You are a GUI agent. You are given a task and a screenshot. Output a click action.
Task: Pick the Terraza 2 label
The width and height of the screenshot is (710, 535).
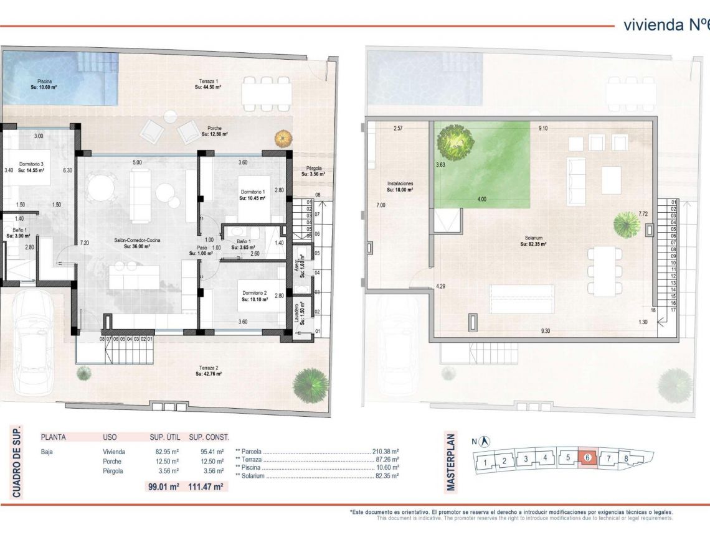208,370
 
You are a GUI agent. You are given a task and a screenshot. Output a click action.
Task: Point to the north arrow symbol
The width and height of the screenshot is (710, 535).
485,442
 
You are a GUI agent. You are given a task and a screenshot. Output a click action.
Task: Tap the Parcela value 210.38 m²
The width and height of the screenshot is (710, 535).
386,452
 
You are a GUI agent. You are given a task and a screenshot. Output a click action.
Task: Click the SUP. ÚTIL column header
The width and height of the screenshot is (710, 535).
164,437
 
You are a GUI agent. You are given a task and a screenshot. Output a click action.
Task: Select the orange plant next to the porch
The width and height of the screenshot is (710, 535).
283,137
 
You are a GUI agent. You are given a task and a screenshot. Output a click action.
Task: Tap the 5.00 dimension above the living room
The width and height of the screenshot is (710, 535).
137,162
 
